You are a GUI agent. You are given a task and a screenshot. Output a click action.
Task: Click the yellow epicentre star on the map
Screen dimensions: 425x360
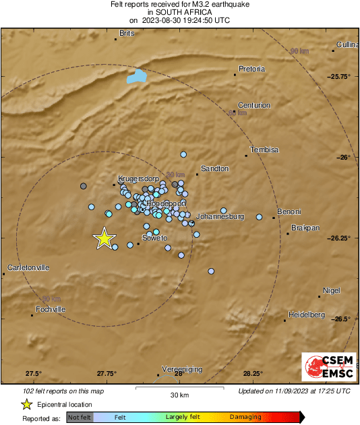[104, 238]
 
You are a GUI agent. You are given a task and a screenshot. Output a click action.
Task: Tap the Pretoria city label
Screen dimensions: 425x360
[252, 69]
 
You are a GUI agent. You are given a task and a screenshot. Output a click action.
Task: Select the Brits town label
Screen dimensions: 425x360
[127, 33]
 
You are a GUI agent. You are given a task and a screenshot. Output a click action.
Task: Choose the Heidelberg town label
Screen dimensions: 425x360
[306, 315]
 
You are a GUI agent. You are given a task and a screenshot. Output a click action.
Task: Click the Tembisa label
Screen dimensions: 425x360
[264, 150]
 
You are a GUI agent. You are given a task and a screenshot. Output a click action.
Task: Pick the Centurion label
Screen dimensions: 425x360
[256, 105]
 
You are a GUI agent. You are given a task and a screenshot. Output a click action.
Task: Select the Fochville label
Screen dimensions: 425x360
[50, 309]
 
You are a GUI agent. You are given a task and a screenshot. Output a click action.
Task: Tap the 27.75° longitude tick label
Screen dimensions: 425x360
[106, 374]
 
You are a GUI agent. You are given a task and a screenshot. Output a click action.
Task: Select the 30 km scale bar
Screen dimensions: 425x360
[179, 389]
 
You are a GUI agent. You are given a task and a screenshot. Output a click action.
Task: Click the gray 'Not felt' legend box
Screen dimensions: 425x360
[80, 418]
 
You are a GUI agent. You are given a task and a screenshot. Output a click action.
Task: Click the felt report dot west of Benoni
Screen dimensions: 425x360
[259, 217]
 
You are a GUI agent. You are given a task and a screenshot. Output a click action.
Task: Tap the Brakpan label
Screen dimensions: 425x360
[305, 228]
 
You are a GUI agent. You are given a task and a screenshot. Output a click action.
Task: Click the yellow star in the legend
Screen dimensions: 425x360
[26, 404]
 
